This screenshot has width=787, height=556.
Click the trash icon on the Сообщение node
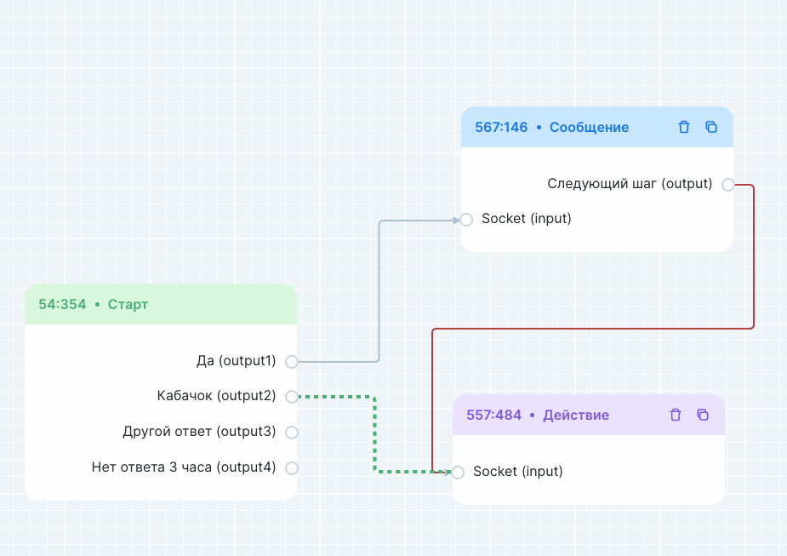684,127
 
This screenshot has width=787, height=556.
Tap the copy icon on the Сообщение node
711,127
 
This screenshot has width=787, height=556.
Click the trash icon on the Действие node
676,415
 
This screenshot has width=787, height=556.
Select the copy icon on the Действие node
703,415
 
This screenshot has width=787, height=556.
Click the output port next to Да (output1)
292,362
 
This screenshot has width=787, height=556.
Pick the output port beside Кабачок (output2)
292,397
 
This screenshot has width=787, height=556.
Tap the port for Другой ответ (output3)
292,433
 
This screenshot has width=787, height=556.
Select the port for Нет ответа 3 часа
292,467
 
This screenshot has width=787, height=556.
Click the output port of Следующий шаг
727,185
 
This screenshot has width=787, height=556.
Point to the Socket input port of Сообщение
466,220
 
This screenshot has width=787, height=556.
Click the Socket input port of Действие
458,473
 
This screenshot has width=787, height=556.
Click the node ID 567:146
501,128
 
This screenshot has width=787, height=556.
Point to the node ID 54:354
62,304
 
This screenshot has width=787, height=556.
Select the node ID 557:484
493,416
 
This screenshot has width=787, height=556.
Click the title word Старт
128,304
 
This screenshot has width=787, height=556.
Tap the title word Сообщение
589,128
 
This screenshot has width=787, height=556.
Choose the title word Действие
576,416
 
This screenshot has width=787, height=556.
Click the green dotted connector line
374,434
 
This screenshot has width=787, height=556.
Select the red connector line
754,255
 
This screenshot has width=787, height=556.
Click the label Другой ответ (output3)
199,432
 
